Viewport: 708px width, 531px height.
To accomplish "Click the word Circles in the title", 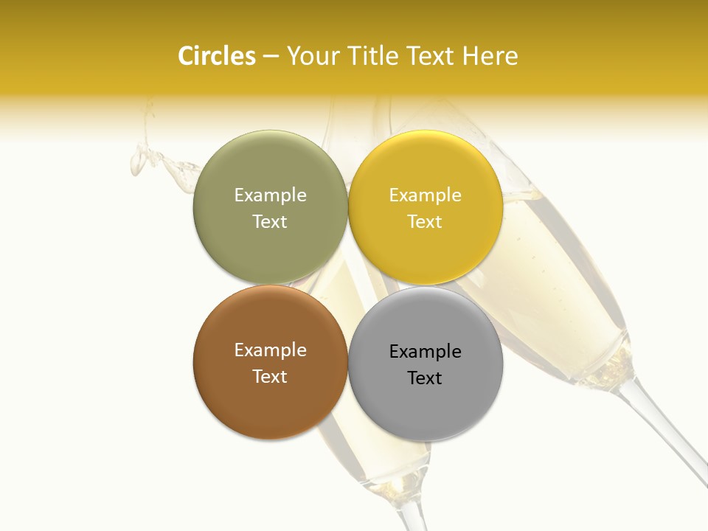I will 217,56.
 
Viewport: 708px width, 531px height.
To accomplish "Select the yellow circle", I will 426,251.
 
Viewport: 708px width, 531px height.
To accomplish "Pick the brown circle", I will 270,406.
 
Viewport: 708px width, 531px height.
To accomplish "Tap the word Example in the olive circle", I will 270,195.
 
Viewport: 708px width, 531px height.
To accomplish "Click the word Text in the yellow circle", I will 425,222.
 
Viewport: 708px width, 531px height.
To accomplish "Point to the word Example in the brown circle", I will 270,350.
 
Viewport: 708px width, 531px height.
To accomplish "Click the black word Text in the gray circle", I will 425,378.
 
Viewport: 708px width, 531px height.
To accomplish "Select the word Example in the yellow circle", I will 425,195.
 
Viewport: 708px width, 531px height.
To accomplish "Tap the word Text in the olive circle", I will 270,222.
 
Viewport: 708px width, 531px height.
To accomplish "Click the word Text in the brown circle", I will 270,377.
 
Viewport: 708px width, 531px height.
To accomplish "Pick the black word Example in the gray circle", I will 425,352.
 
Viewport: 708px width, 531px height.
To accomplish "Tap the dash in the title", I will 270,57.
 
